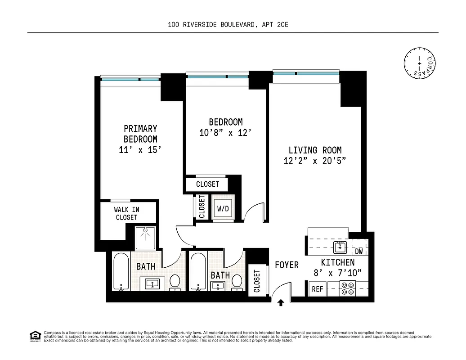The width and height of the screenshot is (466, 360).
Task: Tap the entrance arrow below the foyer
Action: pyautogui.click(x=281, y=303)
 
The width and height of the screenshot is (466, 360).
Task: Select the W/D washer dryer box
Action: pyautogui.click(x=223, y=209)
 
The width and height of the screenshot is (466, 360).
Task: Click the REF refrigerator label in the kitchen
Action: pyautogui.click(x=318, y=289)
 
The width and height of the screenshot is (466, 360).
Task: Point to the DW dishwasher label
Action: pyautogui.click(x=359, y=252)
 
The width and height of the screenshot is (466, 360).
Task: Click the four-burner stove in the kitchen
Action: pyautogui.click(x=347, y=288)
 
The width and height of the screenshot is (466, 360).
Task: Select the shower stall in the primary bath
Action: pyautogui.click(x=145, y=238)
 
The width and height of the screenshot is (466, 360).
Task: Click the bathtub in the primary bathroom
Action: pyautogui.click(x=121, y=272)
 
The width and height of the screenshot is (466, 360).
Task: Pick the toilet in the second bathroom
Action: pyautogui.click(x=237, y=283)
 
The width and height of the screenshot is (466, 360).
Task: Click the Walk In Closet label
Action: pyautogui.click(x=126, y=213)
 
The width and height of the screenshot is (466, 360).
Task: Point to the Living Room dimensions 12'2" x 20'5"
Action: pyautogui.click(x=314, y=161)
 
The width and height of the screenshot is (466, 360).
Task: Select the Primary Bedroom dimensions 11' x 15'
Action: pyautogui.click(x=140, y=150)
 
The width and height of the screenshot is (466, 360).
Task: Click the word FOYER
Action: pyautogui.click(x=287, y=265)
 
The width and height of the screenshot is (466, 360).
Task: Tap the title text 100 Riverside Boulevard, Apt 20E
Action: pyautogui.click(x=228, y=25)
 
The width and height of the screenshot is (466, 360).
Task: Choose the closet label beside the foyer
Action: pyautogui.click(x=257, y=281)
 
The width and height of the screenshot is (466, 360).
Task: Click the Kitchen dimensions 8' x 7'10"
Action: pyautogui.click(x=337, y=273)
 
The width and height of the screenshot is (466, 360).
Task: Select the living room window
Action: pyautogui.click(x=305, y=72)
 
